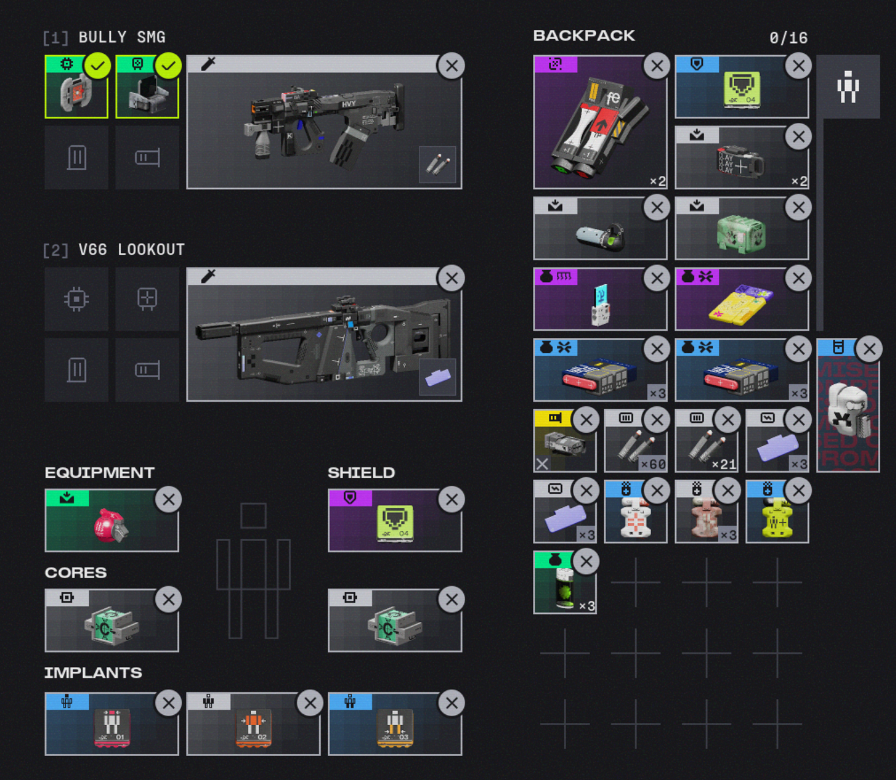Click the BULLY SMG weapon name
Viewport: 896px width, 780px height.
tap(121, 37)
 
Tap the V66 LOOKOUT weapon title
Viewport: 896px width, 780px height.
tap(131, 250)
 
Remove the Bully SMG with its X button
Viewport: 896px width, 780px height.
tap(451, 66)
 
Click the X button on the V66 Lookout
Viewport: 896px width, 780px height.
tap(451, 278)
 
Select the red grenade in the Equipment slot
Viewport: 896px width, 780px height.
tap(110, 525)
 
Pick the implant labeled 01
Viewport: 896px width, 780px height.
tap(111, 727)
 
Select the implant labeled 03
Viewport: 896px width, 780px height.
tap(394, 727)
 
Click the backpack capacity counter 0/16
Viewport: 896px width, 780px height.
tap(788, 38)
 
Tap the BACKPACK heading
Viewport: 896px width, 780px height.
tap(584, 36)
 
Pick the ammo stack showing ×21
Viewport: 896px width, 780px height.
tap(705, 445)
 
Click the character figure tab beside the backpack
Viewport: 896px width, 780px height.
tap(848, 87)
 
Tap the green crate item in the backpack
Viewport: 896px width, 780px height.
tap(740, 232)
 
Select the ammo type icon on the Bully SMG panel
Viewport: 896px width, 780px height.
tap(437, 164)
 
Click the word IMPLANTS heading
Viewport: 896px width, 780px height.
tap(93, 672)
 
